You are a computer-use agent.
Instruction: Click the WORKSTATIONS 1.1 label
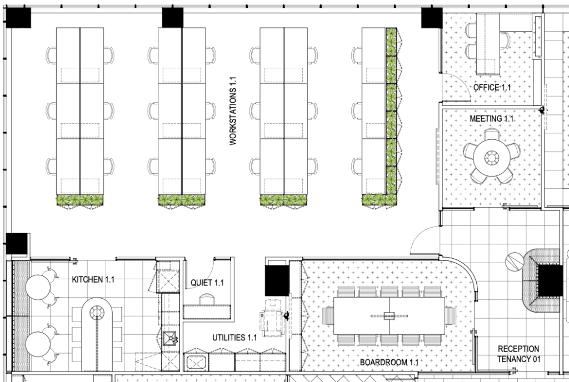(233, 111)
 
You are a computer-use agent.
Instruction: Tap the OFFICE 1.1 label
(492, 87)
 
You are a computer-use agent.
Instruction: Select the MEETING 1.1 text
(492, 118)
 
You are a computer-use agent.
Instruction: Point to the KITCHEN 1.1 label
(93, 279)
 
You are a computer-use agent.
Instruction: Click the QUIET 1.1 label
(207, 283)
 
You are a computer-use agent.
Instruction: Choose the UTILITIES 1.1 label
(234, 338)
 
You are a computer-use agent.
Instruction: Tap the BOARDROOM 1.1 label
(389, 362)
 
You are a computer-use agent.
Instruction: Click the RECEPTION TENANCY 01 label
(518, 354)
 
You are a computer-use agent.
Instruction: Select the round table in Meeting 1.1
(491, 158)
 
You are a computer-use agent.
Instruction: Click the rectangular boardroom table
(389, 316)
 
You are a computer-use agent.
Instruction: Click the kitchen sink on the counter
(169, 339)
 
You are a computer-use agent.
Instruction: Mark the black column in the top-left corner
(18, 18)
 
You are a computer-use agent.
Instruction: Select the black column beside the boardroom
(277, 280)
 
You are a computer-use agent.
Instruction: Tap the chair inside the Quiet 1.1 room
(207, 299)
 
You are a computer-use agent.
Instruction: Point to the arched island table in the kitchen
(97, 334)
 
